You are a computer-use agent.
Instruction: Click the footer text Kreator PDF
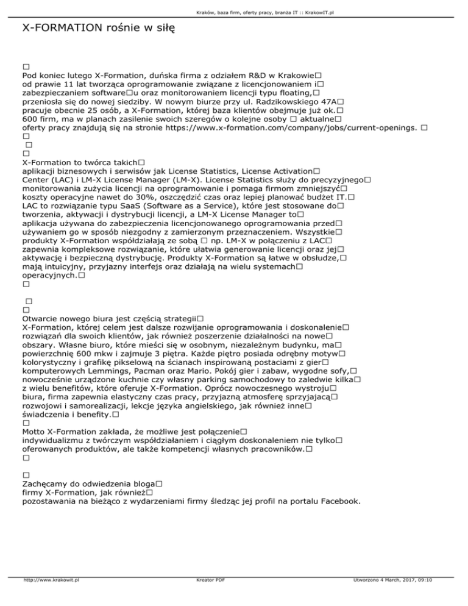[x=207, y=597]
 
